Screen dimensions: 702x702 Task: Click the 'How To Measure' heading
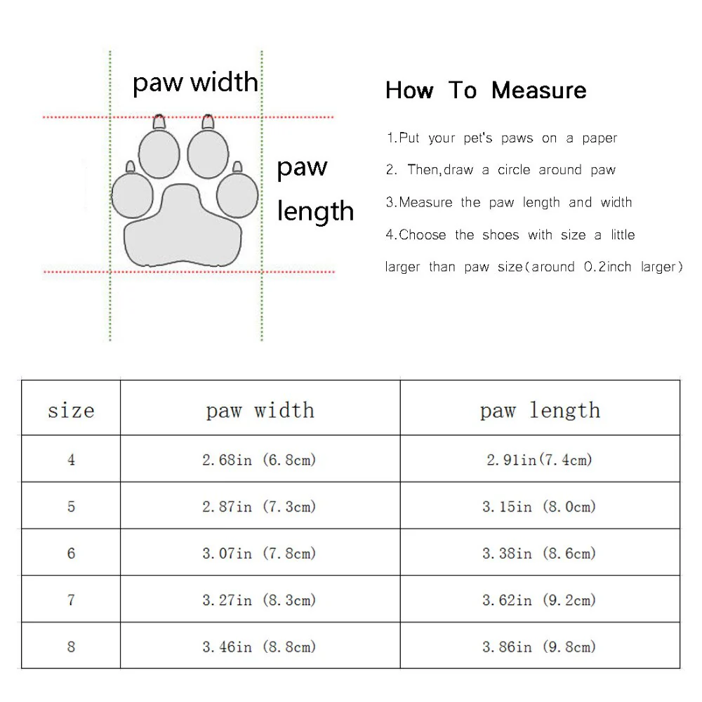(x=486, y=91)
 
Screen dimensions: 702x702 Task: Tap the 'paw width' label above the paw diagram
(x=195, y=83)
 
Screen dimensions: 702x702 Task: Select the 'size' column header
(x=71, y=410)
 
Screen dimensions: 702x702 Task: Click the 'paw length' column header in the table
(x=540, y=410)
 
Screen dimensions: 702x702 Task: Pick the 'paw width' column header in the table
(x=260, y=410)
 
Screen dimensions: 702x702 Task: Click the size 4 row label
(x=71, y=460)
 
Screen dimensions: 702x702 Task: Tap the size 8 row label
(x=71, y=647)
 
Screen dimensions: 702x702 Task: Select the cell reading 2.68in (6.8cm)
(x=259, y=460)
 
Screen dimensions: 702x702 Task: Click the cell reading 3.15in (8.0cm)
(x=539, y=507)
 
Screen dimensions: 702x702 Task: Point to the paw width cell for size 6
(x=259, y=553)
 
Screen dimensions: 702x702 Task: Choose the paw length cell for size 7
(x=539, y=600)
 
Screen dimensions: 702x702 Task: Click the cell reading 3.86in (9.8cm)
(x=539, y=647)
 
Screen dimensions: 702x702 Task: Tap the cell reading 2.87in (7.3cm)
(x=259, y=507)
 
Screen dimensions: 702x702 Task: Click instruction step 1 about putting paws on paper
(x=501, y=138)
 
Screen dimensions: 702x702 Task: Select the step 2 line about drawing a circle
(x=501, y=170)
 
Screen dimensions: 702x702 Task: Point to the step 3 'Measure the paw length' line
(x=509, y=202)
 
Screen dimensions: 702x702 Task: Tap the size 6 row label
(x=71, y=553)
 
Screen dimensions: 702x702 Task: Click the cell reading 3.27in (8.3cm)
(x=259, y=600)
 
